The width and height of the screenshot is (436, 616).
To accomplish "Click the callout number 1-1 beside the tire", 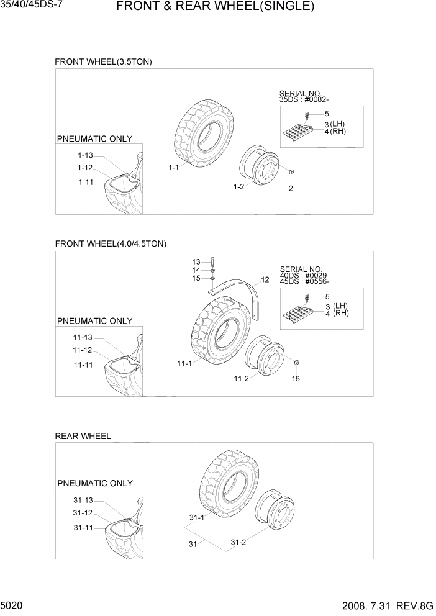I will pos(173,168).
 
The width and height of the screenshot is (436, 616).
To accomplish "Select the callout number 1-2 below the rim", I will pos(238,187).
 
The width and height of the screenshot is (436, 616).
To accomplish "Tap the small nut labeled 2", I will pos(291,172).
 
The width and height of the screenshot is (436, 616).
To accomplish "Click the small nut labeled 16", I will pos(296,363).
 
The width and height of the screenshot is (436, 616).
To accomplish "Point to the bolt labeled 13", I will pos(213,262).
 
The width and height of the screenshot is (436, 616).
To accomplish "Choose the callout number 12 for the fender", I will pos(265,280).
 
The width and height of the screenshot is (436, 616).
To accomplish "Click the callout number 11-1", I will pos(184,364).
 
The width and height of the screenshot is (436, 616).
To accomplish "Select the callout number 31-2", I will pos(238,542).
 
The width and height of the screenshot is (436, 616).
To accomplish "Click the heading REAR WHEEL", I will pos(83,436).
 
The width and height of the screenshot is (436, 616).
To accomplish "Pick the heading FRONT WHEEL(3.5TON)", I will pos(103,61).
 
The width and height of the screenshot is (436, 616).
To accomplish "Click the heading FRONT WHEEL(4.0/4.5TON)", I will pos(111,244).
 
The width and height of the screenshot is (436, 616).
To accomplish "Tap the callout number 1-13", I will pos(85,155).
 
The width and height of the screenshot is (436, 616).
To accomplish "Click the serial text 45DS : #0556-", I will pos(304,281).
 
